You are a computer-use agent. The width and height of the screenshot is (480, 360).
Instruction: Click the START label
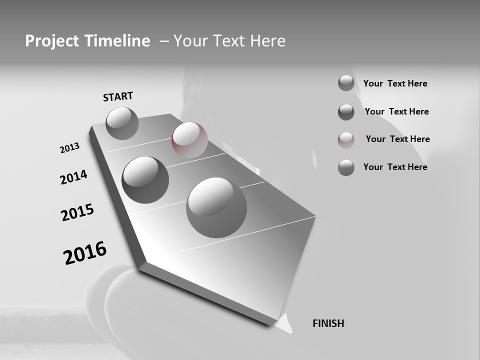point(118,96)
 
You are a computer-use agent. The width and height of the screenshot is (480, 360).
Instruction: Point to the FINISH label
point(328,323)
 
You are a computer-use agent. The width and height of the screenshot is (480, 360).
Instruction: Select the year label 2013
point(69,148)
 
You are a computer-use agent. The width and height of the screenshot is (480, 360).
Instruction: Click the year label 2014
point(73,177)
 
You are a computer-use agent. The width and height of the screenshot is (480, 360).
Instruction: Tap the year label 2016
point(85,253)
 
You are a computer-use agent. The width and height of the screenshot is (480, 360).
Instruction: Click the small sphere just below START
point(122,123)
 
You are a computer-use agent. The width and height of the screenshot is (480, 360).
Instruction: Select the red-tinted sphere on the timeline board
point(189,139)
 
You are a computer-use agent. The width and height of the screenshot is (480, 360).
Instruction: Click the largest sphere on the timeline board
point(216,207)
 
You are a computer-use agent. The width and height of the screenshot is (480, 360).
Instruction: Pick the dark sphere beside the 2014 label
point(145,179)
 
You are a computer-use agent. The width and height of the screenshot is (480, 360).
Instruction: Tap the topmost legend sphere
point(346,83)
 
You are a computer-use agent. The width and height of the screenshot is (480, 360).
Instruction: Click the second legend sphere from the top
point(346,112)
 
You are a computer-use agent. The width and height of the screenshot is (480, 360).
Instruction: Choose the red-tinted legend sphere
point(346,140)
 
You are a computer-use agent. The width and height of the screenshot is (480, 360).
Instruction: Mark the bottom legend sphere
point(346,167)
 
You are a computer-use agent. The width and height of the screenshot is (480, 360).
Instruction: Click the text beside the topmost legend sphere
point(395,83)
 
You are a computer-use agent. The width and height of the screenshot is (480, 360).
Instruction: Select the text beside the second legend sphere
point(396,111)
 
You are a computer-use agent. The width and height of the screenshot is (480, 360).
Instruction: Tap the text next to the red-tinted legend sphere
point(397,139)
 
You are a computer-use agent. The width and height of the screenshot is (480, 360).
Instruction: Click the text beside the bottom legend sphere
point(395,167)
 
